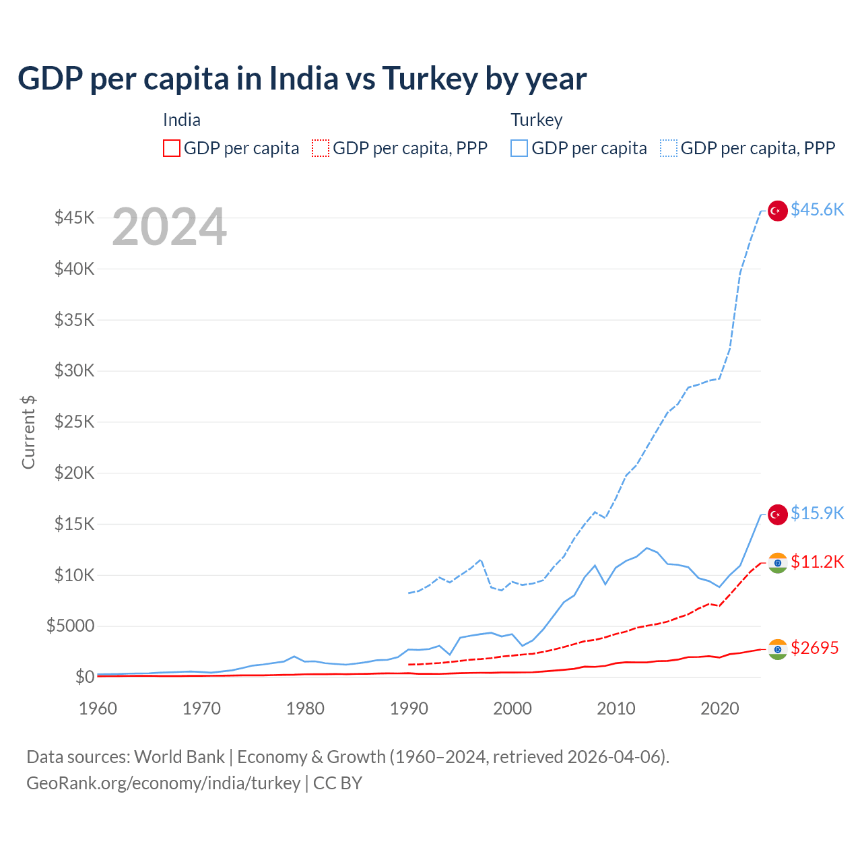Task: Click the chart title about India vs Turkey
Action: [x=302, y=79]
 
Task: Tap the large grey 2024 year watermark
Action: [x=169, y=227]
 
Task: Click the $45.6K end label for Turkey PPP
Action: [x=817, y=209]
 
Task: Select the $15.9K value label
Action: [x=817, y=513]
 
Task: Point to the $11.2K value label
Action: [x=817, y=562]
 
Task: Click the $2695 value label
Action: [x=814, y=648]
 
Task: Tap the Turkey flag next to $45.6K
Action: [x=778, y=211]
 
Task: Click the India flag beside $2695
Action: [x=778, y=649]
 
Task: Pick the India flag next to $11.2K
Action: [x=778, y=563]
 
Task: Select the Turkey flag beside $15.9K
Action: [x=778, y=515]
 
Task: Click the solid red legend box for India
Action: [x=172, y=148]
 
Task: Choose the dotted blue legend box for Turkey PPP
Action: [x=669, y=148]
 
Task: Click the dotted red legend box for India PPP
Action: [x=321, y=148]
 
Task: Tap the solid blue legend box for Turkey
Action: [x=519, y=148]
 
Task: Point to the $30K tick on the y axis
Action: [x=74, y=370]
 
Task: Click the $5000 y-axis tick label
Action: [x=70, y=626]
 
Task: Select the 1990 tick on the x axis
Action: [x=409, y=708]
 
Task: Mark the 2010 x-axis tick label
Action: [x=616, y=708]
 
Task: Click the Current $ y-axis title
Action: [x=28, y=432]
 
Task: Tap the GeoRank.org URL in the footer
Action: [x=164, y=783]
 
